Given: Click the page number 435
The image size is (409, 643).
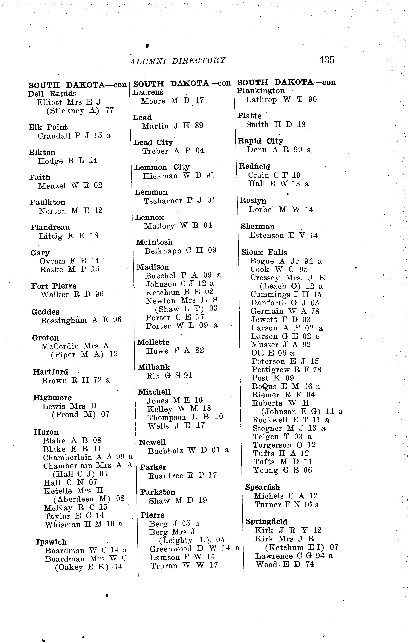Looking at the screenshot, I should (x=326, y=60).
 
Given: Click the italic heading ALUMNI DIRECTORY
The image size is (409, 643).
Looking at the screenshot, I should (x=177, y=61).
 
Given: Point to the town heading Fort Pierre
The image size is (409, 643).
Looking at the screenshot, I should (x=54, y=286).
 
